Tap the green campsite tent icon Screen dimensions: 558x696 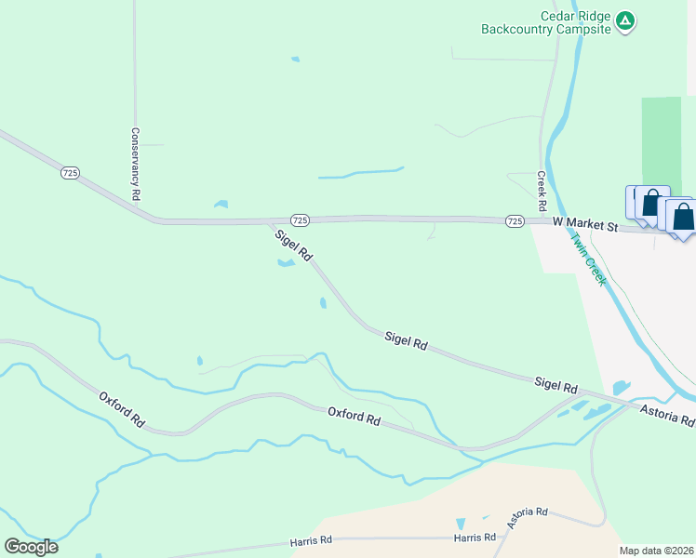(626, 20)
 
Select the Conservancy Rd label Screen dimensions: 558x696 (136, 165)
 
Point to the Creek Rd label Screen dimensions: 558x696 (541, 190)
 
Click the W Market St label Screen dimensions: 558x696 (585, 223)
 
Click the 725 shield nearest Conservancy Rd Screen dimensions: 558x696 (70, 173)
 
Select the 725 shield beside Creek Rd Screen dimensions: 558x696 (515, 220)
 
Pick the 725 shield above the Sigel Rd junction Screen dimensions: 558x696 (299, 219)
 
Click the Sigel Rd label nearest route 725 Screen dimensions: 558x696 (293, 245)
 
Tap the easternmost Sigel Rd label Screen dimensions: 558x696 (556, 386)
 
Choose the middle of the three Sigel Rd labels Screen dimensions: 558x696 (406, 342)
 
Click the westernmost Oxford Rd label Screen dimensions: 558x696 (122, 409)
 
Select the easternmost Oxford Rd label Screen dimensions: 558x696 (354, 416)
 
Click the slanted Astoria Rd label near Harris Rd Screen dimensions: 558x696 (528, 517)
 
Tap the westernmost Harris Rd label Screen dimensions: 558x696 (312, 540)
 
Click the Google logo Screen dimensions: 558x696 (31, 547)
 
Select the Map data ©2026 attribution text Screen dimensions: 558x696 (656, 551)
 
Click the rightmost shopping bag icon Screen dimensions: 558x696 (683, 218)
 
